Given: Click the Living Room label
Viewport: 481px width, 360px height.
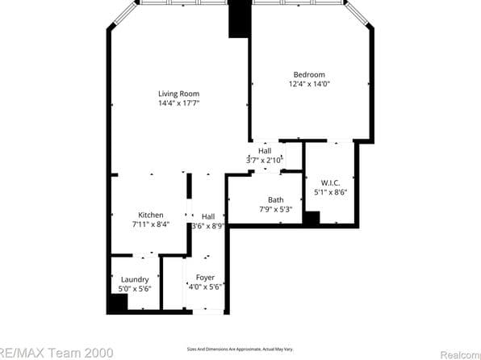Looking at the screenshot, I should tap(178, 94).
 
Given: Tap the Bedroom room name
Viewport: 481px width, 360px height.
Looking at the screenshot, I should tap(310, 73).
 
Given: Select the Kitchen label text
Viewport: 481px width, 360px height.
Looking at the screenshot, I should tap(151, 215).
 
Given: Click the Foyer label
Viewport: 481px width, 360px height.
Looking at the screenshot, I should tap(205, 277).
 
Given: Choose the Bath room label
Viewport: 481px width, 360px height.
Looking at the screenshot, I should tap(276, 200).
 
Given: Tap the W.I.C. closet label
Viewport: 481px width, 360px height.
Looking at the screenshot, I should tap(330, 182).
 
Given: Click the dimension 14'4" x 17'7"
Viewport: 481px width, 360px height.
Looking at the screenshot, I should tap(178, 103).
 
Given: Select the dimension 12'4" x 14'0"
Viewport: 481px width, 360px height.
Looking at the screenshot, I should tap(310, 83).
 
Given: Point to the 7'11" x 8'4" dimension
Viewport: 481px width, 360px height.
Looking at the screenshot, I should tap(151, 224).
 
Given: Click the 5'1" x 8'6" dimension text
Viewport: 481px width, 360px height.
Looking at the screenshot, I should tap(330, 192).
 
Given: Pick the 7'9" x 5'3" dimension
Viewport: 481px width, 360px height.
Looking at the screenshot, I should tap(276, 210).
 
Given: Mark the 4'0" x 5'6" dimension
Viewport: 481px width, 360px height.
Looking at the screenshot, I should tap(205, 287).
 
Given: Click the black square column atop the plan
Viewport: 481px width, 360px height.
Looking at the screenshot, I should tap(240, 19).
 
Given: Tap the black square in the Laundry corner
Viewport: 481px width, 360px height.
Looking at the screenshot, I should tap(118, 303).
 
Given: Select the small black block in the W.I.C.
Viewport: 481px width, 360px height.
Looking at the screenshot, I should tap(312, 218).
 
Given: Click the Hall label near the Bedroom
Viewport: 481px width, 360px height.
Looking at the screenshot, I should tap(265, 151).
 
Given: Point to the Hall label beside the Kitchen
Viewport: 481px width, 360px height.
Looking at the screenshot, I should tap(208, 216).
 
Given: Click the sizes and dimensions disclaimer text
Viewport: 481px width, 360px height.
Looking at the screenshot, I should tap(240, 349).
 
